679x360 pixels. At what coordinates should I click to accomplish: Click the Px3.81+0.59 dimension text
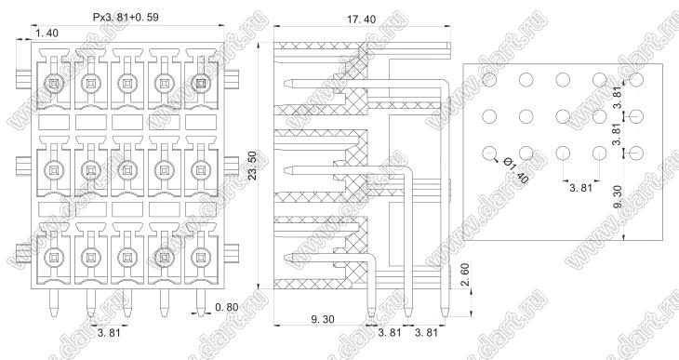pyautogui.click(x=126, y=18)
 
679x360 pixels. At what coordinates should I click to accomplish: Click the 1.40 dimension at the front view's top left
pyautogui.click(x=47, y=33)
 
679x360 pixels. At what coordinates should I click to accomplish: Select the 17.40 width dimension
pyautogui.click(x=361, y=20)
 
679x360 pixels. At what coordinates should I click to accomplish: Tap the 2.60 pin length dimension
pyautogui.click(x=465, y=274)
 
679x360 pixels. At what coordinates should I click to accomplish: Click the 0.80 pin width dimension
pyautogui.click(x=226, y=307)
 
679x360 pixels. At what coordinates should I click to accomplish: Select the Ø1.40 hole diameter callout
pyautogui.click(x=516, y=170)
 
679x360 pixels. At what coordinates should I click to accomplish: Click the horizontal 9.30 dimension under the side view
pyautogui.click(x=323, y=319)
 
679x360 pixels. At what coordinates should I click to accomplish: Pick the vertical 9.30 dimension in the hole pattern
pyautogui.click(x=618, y=196)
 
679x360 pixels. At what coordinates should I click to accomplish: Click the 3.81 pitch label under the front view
pyautogui.click(x=109, y=333)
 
